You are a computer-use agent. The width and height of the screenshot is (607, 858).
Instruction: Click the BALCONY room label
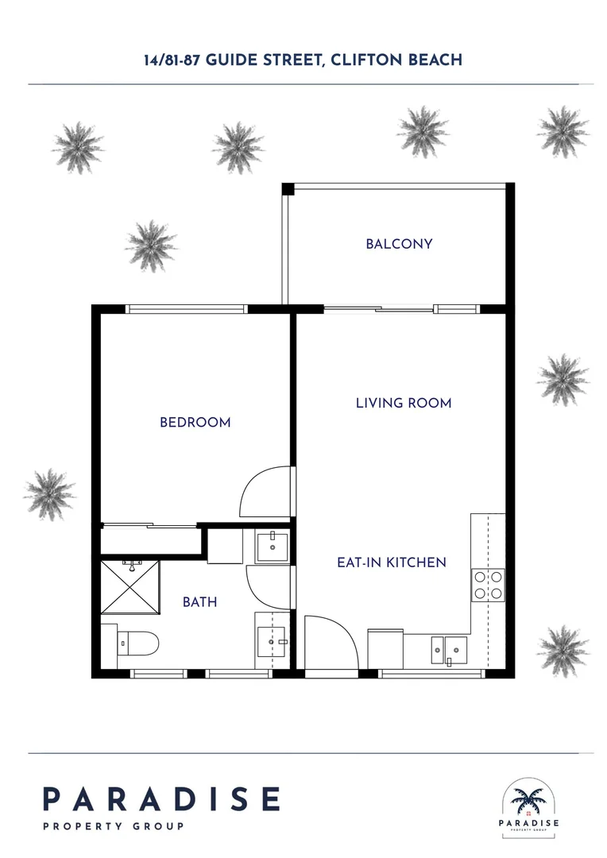pos(399,244)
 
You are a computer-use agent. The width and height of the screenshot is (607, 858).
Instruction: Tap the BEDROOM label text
pos(195,423)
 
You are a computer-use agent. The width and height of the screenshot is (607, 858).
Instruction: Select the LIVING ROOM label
pos(404,404)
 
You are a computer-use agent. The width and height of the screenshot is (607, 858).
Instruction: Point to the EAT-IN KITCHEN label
pos(392,562)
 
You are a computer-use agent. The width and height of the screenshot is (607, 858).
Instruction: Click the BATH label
pos(200,602)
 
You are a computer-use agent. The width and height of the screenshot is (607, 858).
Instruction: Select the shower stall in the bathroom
pos(130,586)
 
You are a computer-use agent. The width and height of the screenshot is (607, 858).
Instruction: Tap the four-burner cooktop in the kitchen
pos(488,585)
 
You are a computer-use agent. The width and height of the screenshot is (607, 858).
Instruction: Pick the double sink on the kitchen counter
pos(449,650)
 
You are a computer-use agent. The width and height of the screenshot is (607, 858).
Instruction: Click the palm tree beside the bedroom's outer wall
pos(49,493)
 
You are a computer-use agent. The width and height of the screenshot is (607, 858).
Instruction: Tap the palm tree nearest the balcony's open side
pos(151,245)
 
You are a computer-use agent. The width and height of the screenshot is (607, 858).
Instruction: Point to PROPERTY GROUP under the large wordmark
pos(113,826)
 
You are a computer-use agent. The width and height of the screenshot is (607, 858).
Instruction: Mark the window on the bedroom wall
pos(188,309)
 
